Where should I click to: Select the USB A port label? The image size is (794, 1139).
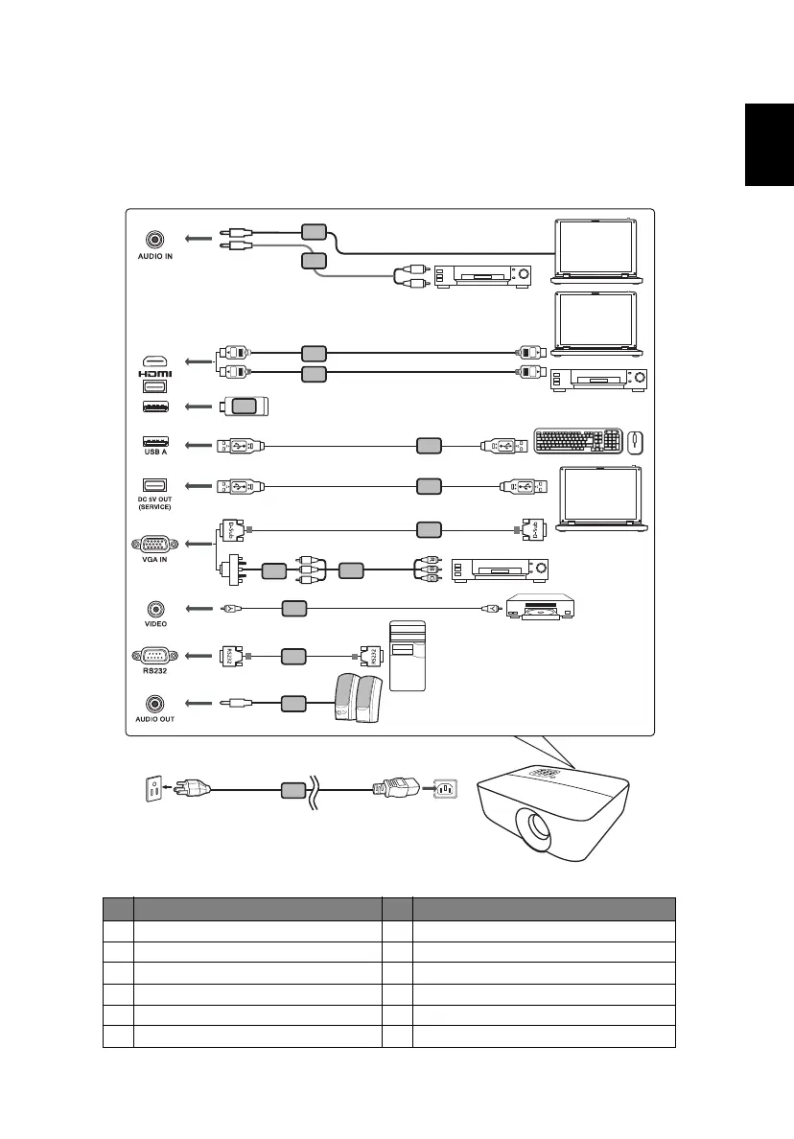(x=154, y=452)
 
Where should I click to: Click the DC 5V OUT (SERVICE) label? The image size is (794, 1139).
(x=154, y=502)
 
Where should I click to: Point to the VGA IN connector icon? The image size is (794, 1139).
(x=154, y=544)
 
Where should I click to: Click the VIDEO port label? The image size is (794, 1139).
(x=154, y=623)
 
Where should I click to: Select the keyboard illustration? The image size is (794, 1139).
(x=578, y=442)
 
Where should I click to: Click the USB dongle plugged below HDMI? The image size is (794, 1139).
(x=245, y=406)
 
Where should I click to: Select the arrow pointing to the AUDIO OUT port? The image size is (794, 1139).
(x=198, y=703)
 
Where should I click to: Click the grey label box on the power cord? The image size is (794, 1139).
(x=293, y=791)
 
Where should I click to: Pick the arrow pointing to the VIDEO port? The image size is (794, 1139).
(x=198, y=607)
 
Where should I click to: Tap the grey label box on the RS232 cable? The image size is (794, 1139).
(x=293, y=656)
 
